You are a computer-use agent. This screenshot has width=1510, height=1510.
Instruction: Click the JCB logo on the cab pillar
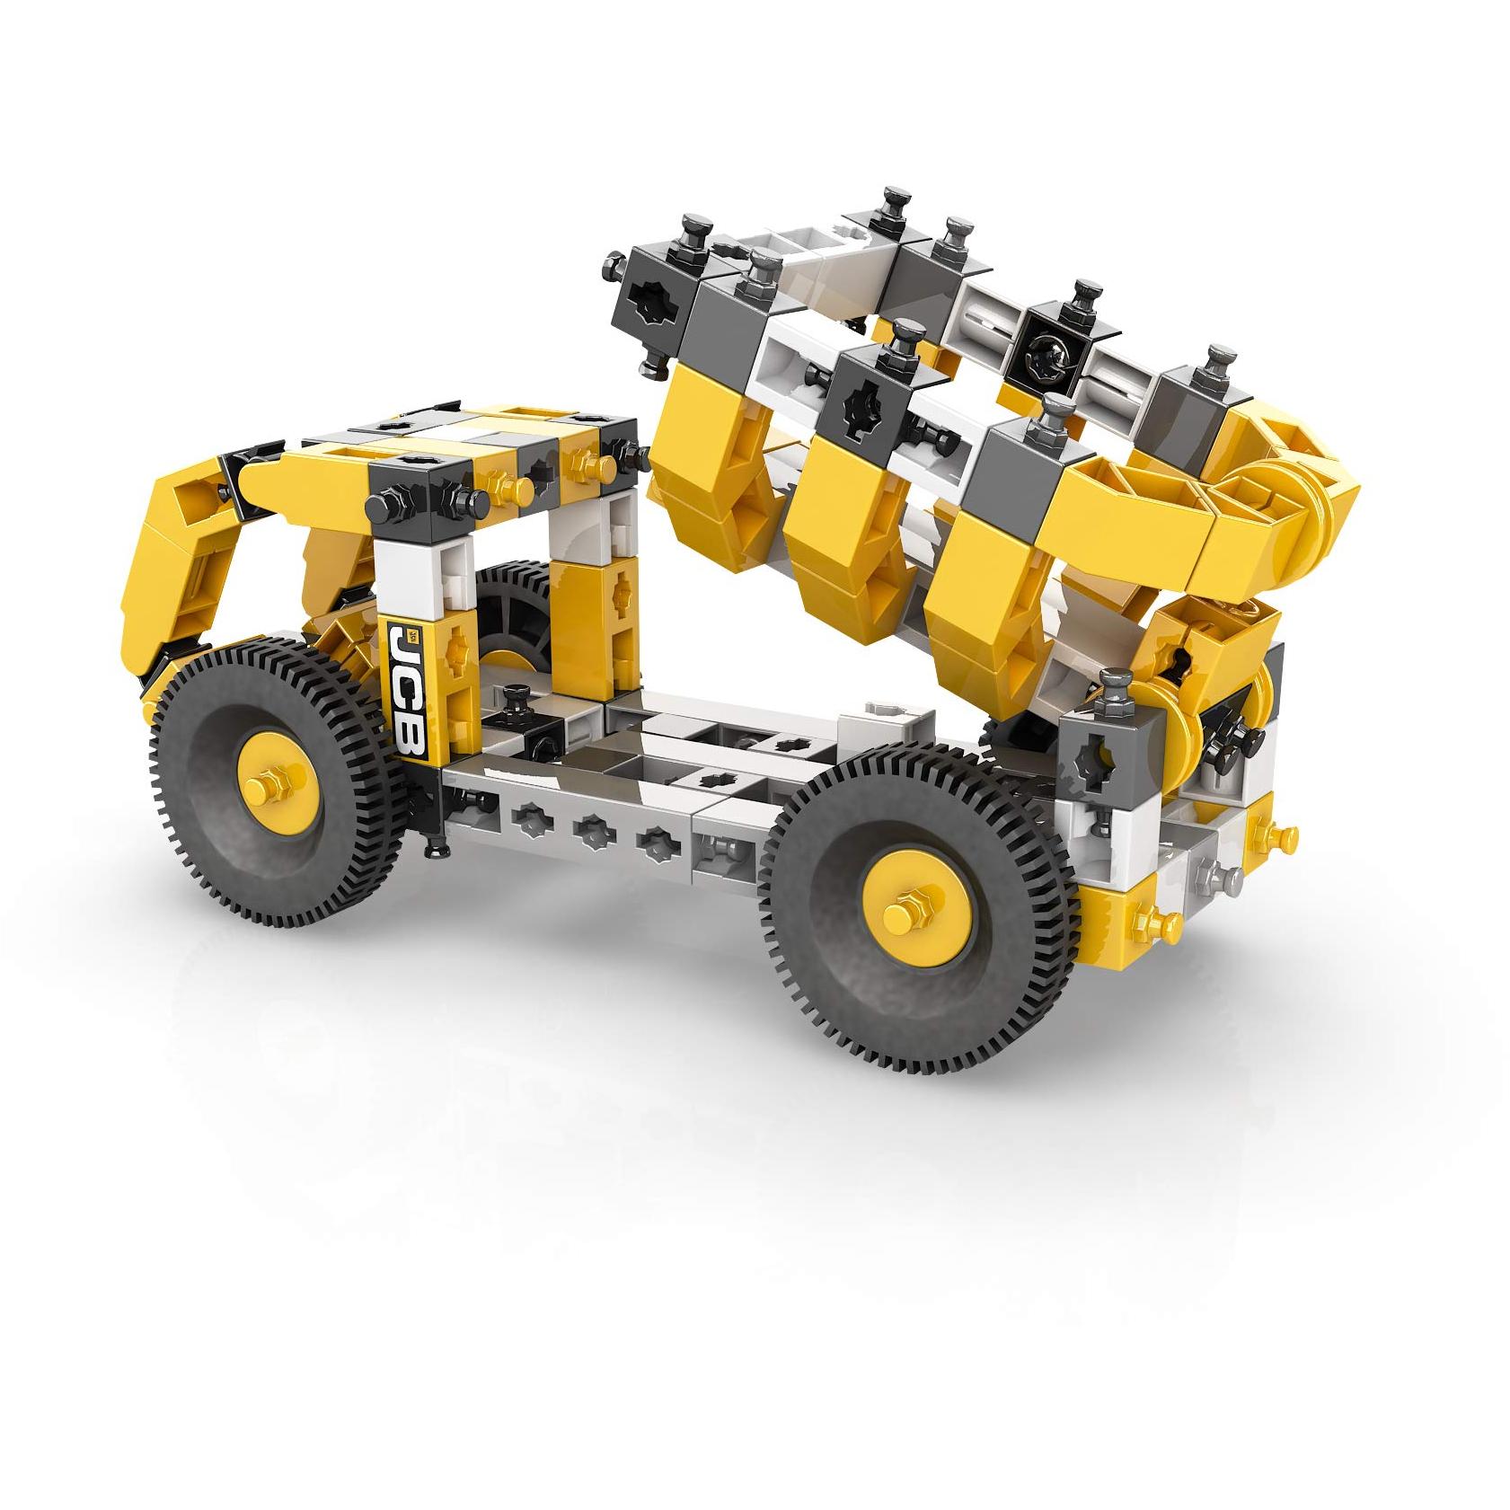[x=404, y=692]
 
